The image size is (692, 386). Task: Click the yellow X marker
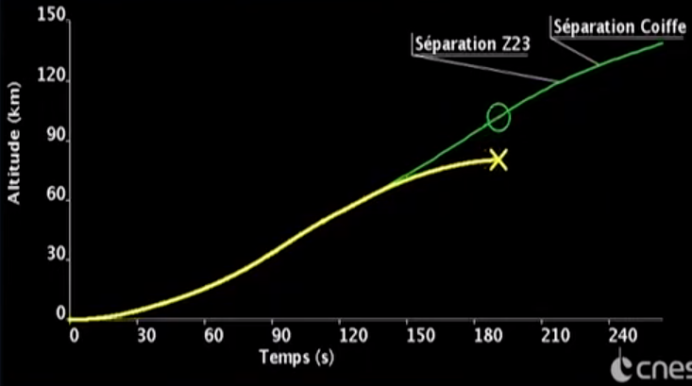(x=498, y=159)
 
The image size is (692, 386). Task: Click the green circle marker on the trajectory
(x=498, y=117)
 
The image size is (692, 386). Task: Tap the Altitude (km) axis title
(x=15, y=156)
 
